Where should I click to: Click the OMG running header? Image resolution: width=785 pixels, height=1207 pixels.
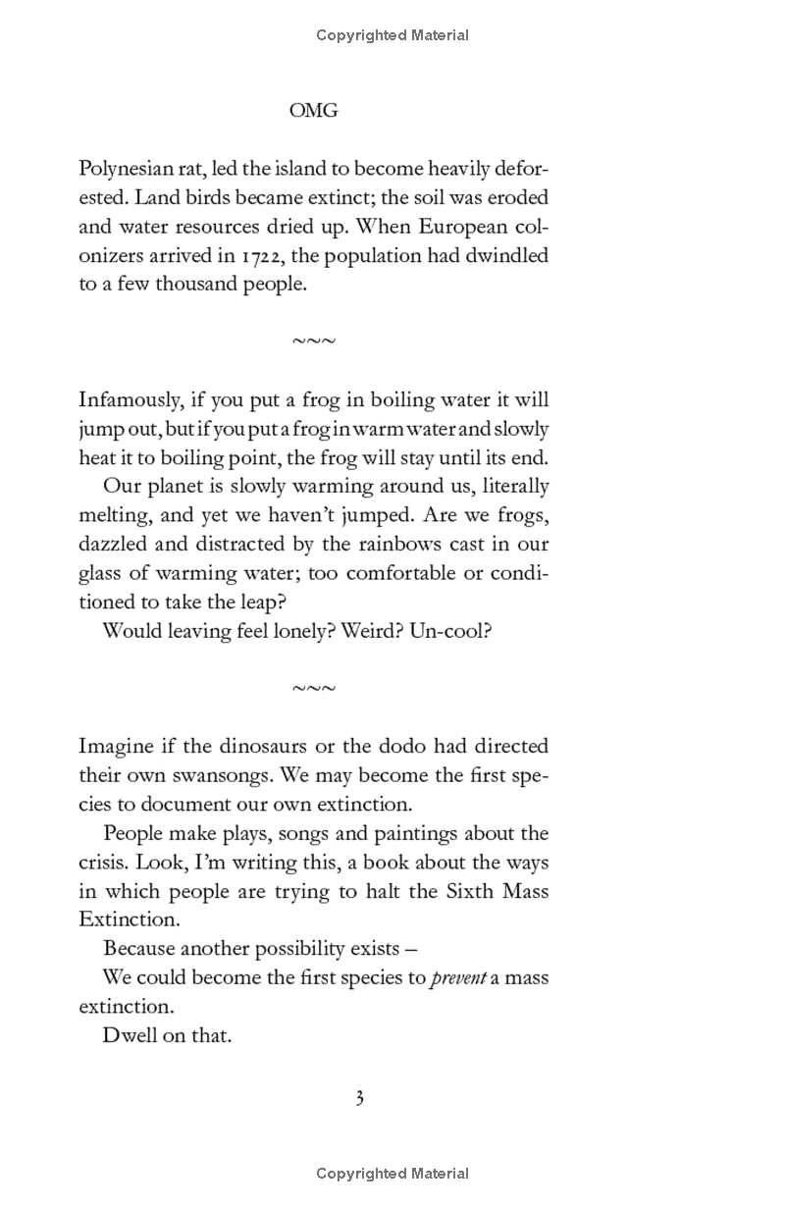pos(314,111)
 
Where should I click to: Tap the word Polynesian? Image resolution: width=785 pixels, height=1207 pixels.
pos(127,169)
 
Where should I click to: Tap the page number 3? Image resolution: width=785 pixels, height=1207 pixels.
pos(360,1098)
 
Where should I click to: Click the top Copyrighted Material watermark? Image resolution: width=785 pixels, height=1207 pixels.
pos(392,35)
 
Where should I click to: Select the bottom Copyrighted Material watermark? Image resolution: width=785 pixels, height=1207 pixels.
pos(392,1174)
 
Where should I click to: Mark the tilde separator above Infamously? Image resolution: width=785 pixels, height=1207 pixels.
pos(314,341)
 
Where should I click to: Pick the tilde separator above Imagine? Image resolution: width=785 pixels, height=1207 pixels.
pos(314,689)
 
